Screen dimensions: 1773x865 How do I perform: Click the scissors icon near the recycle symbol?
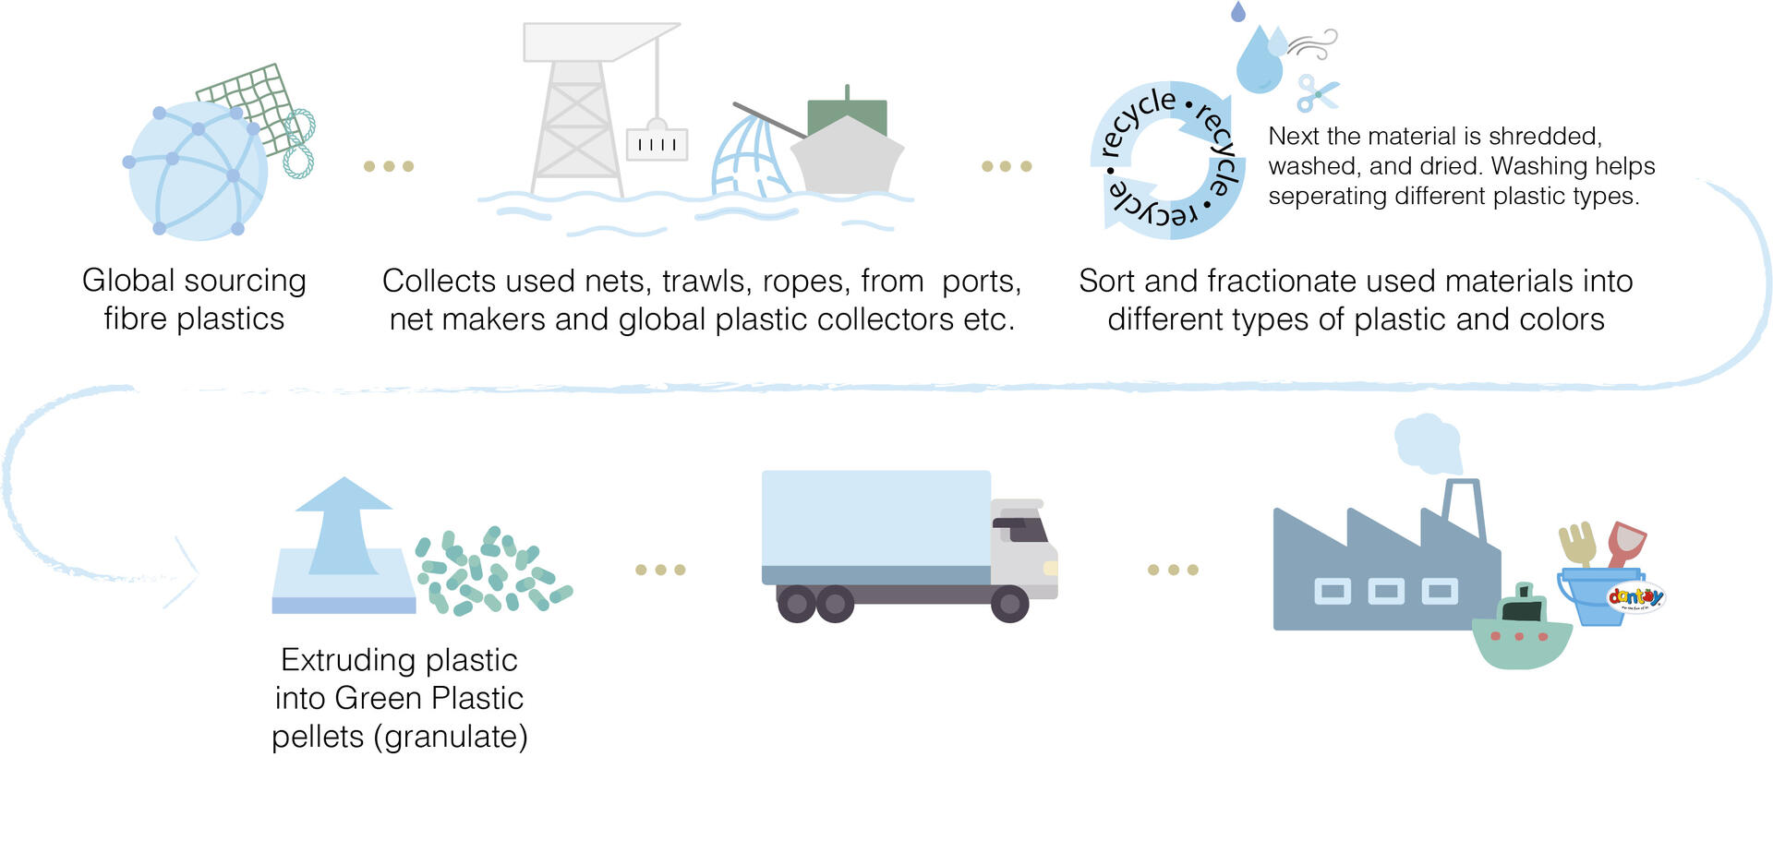(x=1317, y=93)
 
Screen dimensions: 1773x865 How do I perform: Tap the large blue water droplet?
(x=1259, y=61)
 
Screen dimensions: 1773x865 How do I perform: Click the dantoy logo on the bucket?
(x=1635, y=597)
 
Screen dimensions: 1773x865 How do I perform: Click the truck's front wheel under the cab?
(x=1009, y=604)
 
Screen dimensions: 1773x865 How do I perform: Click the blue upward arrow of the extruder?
(x=344, y=526)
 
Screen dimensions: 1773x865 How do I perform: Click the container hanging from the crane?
(x=657, y=144)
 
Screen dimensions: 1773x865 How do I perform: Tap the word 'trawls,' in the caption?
(x=702, y=281)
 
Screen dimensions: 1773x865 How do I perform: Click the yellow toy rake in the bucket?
(x=1577, y=545)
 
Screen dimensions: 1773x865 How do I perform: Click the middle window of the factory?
(x=1385, y=591)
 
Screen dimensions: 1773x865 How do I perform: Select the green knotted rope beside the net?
(x=299, y=143)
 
